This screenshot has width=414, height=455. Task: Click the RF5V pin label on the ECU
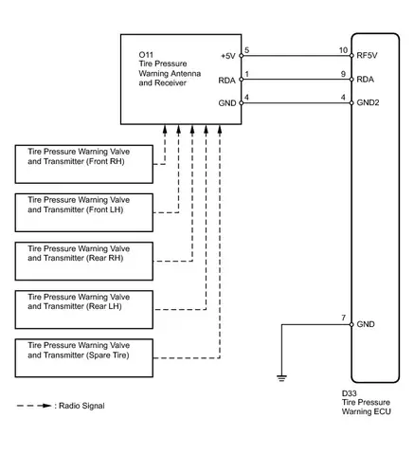[x=367, y=55]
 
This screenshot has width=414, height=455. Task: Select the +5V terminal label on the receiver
[x=228, y=56]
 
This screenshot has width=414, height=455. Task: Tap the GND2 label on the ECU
[x=368, y=102]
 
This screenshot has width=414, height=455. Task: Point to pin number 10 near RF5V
[x=343, y=50]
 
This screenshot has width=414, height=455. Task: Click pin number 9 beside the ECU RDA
[x=343, y=74]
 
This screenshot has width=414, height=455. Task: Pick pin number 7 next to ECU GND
[x=344, y=318]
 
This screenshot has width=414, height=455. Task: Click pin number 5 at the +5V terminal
[x=246, y=50]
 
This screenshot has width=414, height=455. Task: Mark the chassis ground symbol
[x=281, y=377]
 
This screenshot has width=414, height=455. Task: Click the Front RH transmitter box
[x=84, y=164]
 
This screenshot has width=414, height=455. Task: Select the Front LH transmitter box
[x=84, y=212]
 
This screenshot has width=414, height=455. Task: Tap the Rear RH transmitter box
[x=84, y=262]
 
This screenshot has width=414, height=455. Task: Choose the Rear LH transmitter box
[x=84, y=310]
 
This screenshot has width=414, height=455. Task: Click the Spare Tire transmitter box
[x=84, y=358]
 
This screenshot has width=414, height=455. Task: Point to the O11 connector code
[x=146, y=55]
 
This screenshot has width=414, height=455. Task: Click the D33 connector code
[x=350, y=393]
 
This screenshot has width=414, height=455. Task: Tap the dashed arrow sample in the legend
[x=34, y=406]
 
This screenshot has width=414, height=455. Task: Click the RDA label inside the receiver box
[x=227, y=81]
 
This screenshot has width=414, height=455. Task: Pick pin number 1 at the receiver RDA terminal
[x=246, y=74]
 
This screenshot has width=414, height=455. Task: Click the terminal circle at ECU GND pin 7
[x=351, y=324]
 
